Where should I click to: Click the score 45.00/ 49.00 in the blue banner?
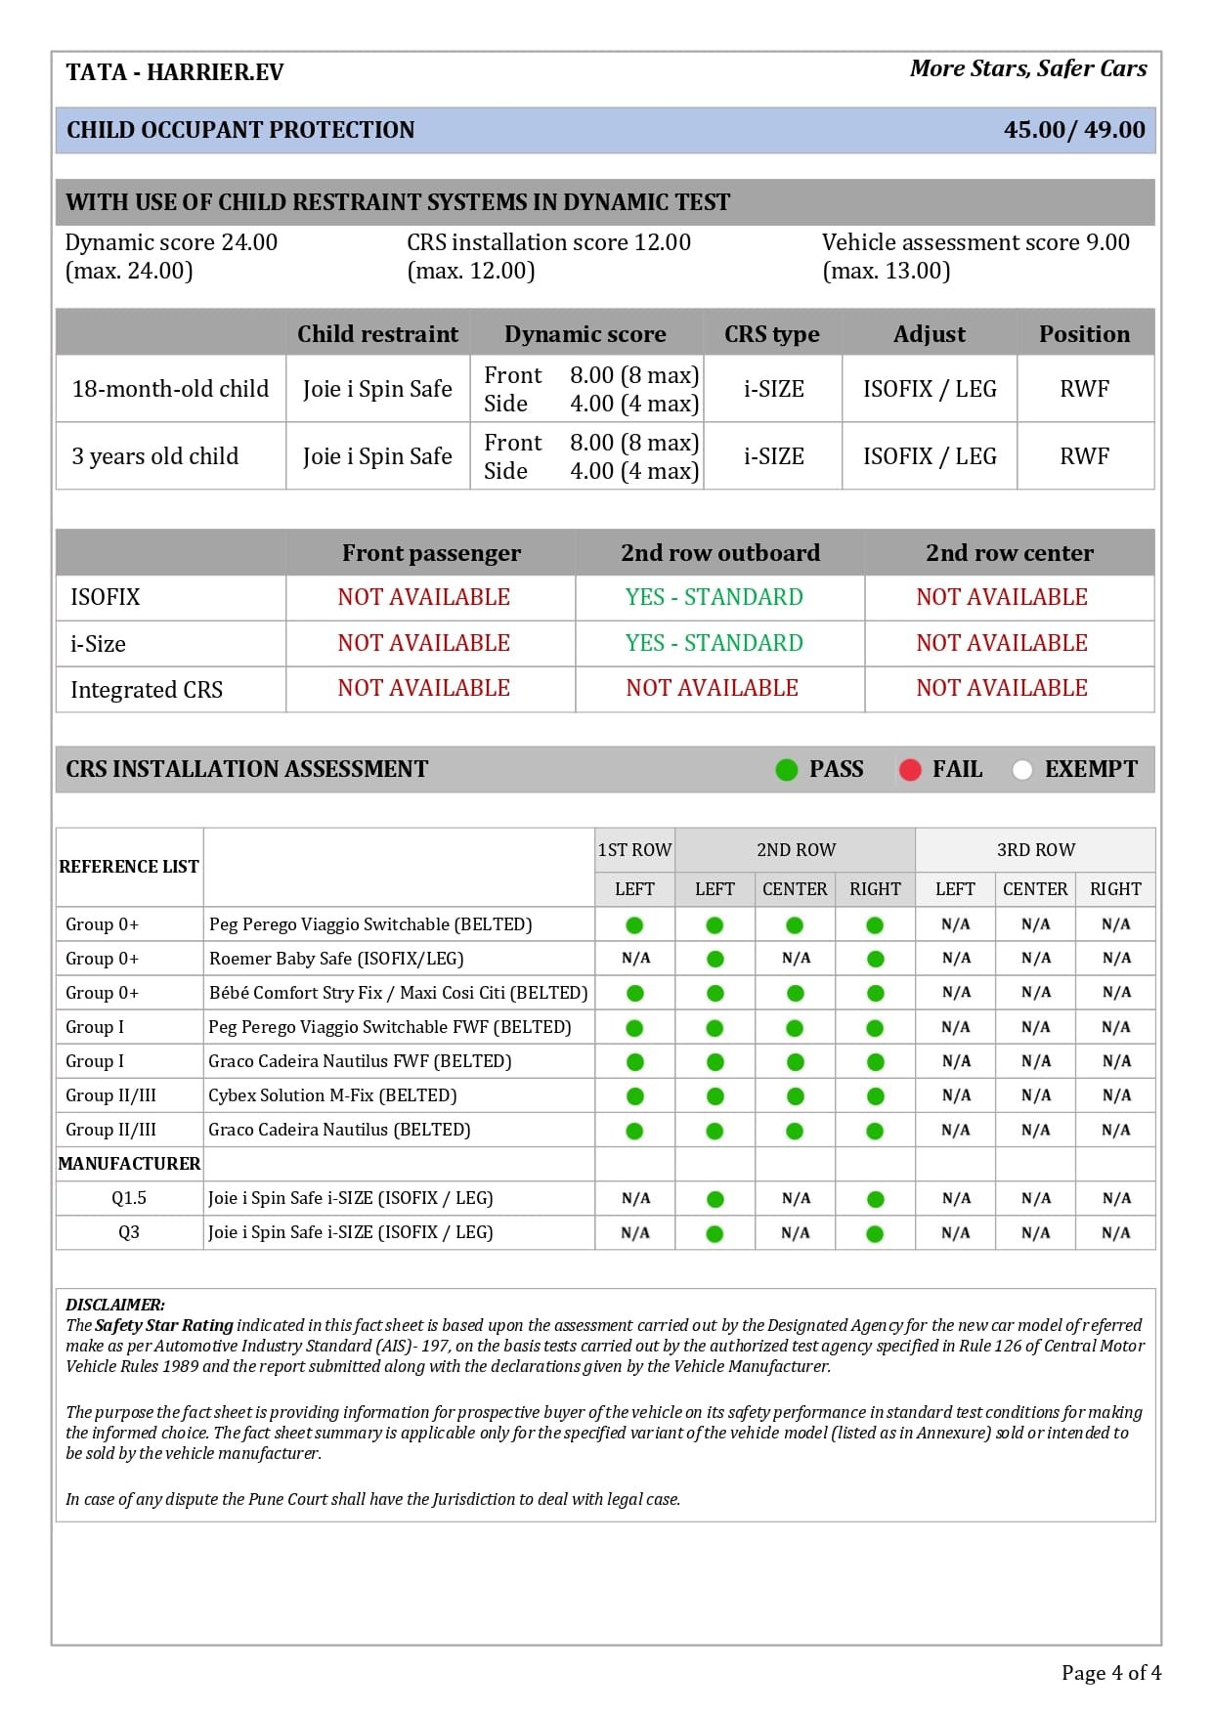(1073, 130)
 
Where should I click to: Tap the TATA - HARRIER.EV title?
(175, 72)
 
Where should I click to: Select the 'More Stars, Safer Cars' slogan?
(1027, 68)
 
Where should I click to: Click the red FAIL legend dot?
(910, 770)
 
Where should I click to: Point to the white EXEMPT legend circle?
(1022, 770)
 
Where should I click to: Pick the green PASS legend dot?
(787, 770)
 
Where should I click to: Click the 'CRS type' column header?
(771, 334)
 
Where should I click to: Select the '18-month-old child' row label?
(170, 389)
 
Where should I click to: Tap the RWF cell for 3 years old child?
(1084, 456)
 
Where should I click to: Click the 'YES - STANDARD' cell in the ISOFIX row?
(714, 597)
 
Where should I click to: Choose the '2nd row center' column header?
(1009, 553)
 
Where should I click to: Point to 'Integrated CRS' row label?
(147, 690)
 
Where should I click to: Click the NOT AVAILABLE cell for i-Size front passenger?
(423, 643)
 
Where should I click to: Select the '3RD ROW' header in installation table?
(1035, 850)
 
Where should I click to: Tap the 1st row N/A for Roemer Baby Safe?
(635, 959)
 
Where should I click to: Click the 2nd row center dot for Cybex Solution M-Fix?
(795, 1096)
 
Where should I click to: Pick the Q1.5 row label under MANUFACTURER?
(129, 1198)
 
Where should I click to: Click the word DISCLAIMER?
(115, 1305)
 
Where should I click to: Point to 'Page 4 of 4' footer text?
(1110, 1673)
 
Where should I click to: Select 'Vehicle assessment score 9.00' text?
(975, 242)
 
